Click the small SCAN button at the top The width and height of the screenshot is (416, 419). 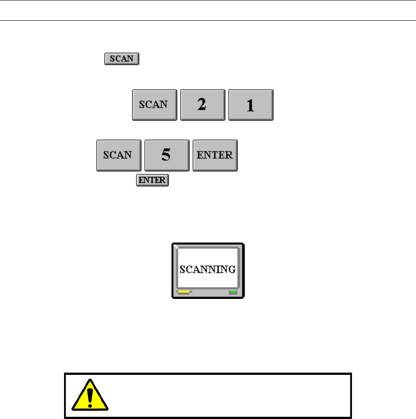(121, 59)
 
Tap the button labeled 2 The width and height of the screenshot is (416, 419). (202, 105)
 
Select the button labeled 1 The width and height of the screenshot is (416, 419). (250, 105)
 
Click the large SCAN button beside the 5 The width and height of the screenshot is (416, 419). (118, 155)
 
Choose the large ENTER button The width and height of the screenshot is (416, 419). (215, 155)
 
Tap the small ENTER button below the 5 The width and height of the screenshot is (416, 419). (152, 180)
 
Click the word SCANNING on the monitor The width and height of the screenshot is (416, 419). (208, 269)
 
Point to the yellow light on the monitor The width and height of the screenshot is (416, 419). (184, 292)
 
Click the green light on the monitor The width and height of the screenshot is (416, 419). (233, 292)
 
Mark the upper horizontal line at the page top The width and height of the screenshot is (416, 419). (208, 0)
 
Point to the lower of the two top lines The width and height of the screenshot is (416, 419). (208, 20)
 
